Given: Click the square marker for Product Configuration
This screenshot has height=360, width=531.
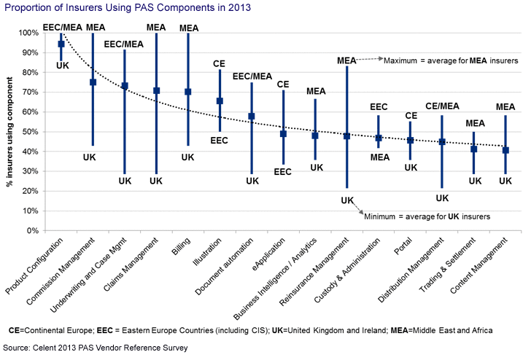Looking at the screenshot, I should point(61,44).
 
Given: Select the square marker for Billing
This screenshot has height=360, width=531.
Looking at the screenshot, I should point(188,92).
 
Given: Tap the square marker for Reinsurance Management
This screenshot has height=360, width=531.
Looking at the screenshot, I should point(346,136).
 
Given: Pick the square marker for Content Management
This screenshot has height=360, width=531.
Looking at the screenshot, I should point(505,150).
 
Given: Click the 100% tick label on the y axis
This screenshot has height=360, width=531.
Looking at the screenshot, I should point(28,33).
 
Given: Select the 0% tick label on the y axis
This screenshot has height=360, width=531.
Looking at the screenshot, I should point(34,231).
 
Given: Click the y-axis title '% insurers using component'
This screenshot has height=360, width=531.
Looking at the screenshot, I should point(9,131).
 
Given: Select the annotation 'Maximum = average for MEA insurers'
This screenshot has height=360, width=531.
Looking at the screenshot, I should point(451,61).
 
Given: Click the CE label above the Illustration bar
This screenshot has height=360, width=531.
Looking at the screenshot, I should point(220,64).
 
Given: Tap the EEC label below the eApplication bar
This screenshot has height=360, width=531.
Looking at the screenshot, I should point(283,172).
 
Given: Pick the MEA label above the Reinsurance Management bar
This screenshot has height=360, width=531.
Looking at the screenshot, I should point(346,60).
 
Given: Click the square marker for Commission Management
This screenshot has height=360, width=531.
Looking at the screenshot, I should point(93,82).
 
